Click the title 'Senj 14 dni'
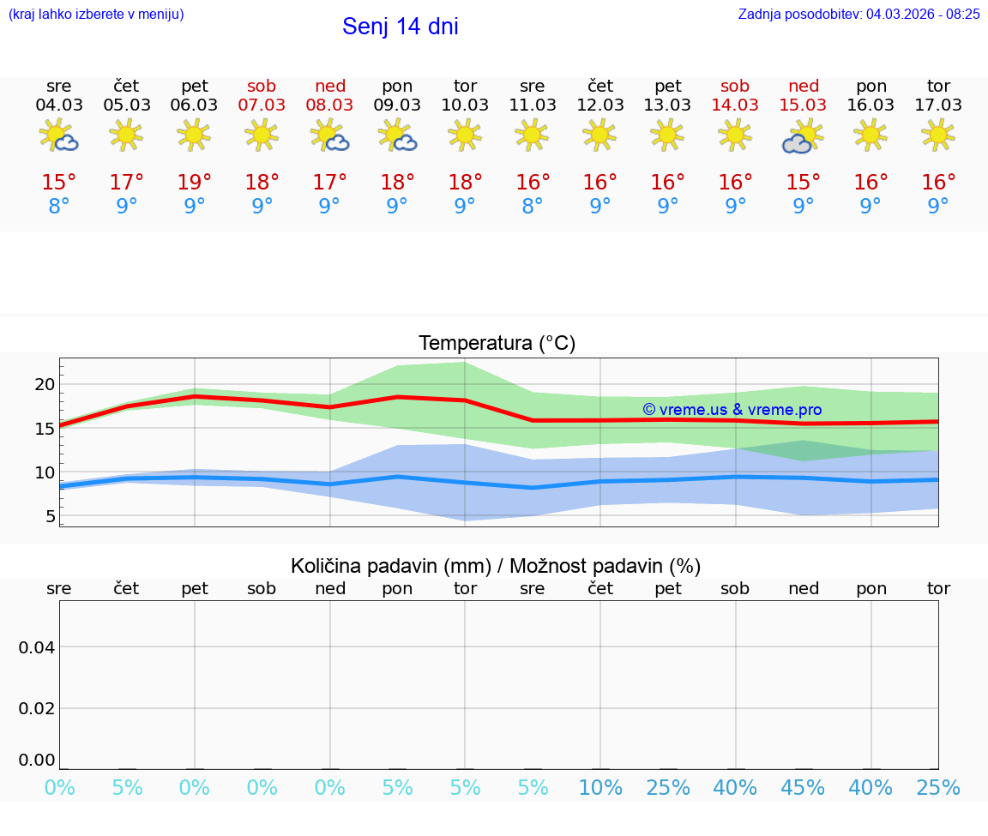click(x=400, y=27)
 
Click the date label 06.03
click(x=195, y=105)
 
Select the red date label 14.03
click(x=735, y=105)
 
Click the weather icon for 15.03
click(x=803, y=135)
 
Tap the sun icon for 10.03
click(x=465, y=135)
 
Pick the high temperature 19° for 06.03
click(x=195, y=182)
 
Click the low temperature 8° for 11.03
click(x=533, y=206)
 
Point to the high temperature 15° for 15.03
click(x=803, y=182)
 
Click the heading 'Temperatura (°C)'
click(x=497, y=344)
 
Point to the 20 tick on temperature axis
click(x=45, y=384)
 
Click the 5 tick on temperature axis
click(x=50, y=516)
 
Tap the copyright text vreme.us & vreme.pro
click(x=732, y=410)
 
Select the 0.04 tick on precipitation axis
click(x=37, y=647)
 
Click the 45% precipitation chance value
click(x=803, y=788)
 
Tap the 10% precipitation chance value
click(x=600, y=788)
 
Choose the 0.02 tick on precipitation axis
click(x=37, y=708)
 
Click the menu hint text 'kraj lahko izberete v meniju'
click(x=96, y=14)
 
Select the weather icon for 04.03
click(x=59, y=135)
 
